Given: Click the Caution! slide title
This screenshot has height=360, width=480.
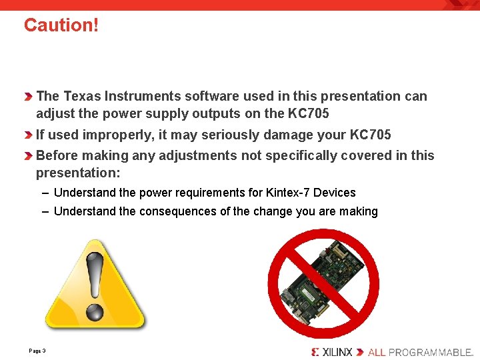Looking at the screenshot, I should click(61, 25).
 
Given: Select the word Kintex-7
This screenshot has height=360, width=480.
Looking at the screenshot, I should click(288, 193).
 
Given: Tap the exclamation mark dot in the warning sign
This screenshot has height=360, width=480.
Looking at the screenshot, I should click(95, 311).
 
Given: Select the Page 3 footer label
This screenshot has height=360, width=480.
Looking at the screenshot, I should click(37, 351).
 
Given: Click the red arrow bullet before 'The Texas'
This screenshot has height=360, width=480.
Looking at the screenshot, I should click(29, 97).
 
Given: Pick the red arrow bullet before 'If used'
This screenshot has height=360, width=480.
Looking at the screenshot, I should click(29, 135).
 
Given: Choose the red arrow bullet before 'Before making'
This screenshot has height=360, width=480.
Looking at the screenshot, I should click(29, 156).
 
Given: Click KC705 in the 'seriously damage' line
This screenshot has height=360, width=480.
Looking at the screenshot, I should click(370, 135).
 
